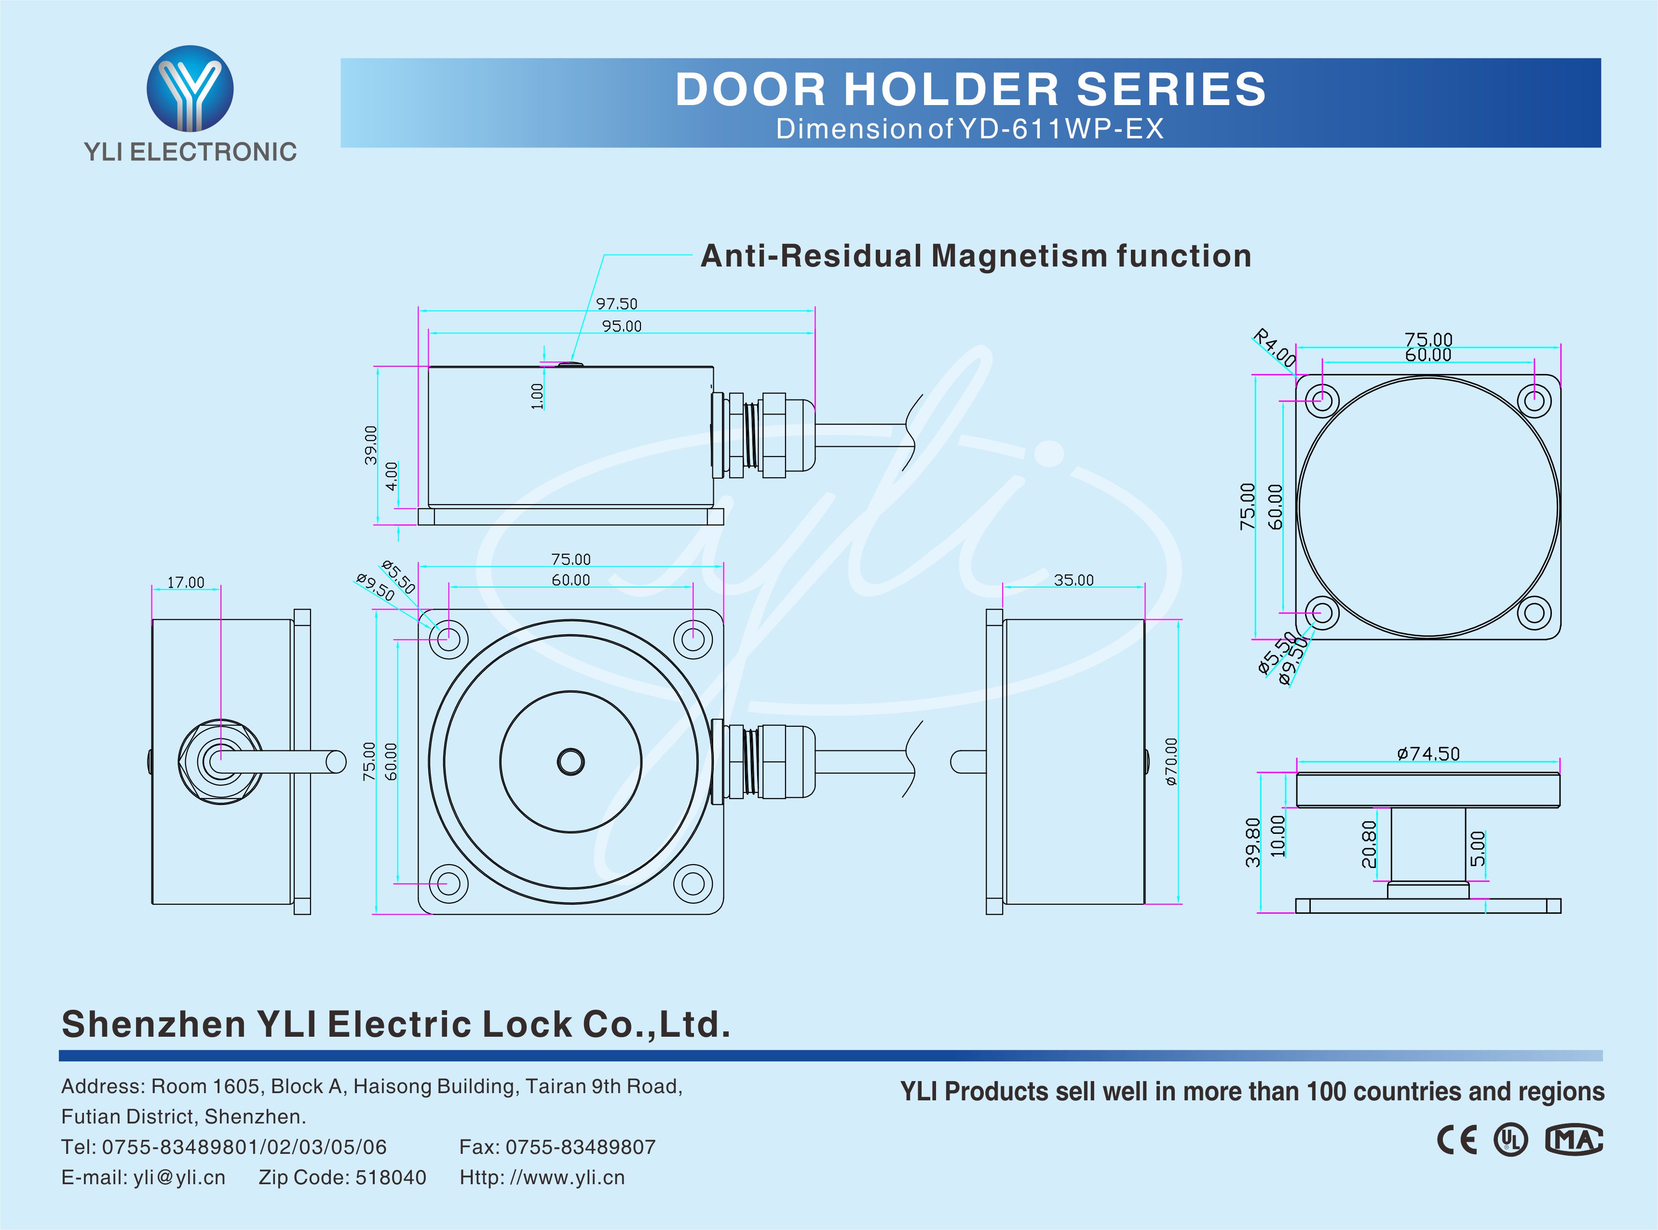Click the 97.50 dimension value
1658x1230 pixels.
tap(617, 304)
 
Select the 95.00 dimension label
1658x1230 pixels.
tap(621, 326)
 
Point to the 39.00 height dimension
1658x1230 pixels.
tap(370, 445)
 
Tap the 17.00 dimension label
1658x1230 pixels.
tap(186, 582)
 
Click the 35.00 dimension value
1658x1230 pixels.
tap(1074, 580)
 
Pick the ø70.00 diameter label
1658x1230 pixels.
tap(1171, 762)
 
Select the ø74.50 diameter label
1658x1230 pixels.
tap(1428, 753)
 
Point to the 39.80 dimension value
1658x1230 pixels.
tap(1253, 842)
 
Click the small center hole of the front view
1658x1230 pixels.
tap(571, 762)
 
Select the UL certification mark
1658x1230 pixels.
tap(1510, 1140)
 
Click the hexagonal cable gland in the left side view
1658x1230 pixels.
tap(220, 761)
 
